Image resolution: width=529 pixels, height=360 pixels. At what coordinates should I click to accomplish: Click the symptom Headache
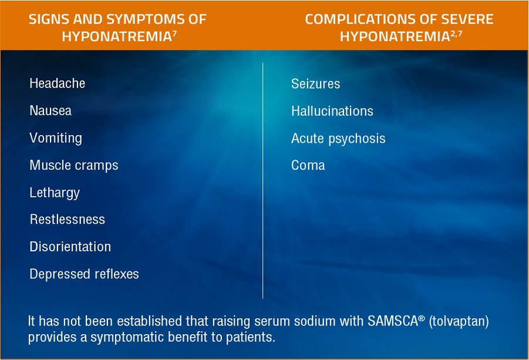point(57,83)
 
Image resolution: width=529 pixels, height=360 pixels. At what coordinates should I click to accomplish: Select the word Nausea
point(50,110)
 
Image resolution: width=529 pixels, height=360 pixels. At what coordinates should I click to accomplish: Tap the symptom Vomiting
point(56,138)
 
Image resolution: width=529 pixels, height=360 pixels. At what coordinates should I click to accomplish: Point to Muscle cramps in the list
point(74,165)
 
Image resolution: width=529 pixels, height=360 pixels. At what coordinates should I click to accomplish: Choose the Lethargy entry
point(55,193)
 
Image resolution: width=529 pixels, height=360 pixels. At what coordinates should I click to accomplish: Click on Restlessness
point(67,220)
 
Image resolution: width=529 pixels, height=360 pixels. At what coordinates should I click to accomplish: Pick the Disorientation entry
point(70,247)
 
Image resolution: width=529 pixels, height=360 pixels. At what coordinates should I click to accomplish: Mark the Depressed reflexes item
point(84,274)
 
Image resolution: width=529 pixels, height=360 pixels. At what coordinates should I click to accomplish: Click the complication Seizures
point(315,84)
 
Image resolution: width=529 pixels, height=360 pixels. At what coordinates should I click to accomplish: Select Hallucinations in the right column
point(332,111)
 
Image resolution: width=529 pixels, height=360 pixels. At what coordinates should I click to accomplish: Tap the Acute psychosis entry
point(338,139)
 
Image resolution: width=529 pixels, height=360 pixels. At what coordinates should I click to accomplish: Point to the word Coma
point(308,165)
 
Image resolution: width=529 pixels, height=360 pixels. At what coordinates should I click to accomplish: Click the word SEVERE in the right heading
point(469,19)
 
